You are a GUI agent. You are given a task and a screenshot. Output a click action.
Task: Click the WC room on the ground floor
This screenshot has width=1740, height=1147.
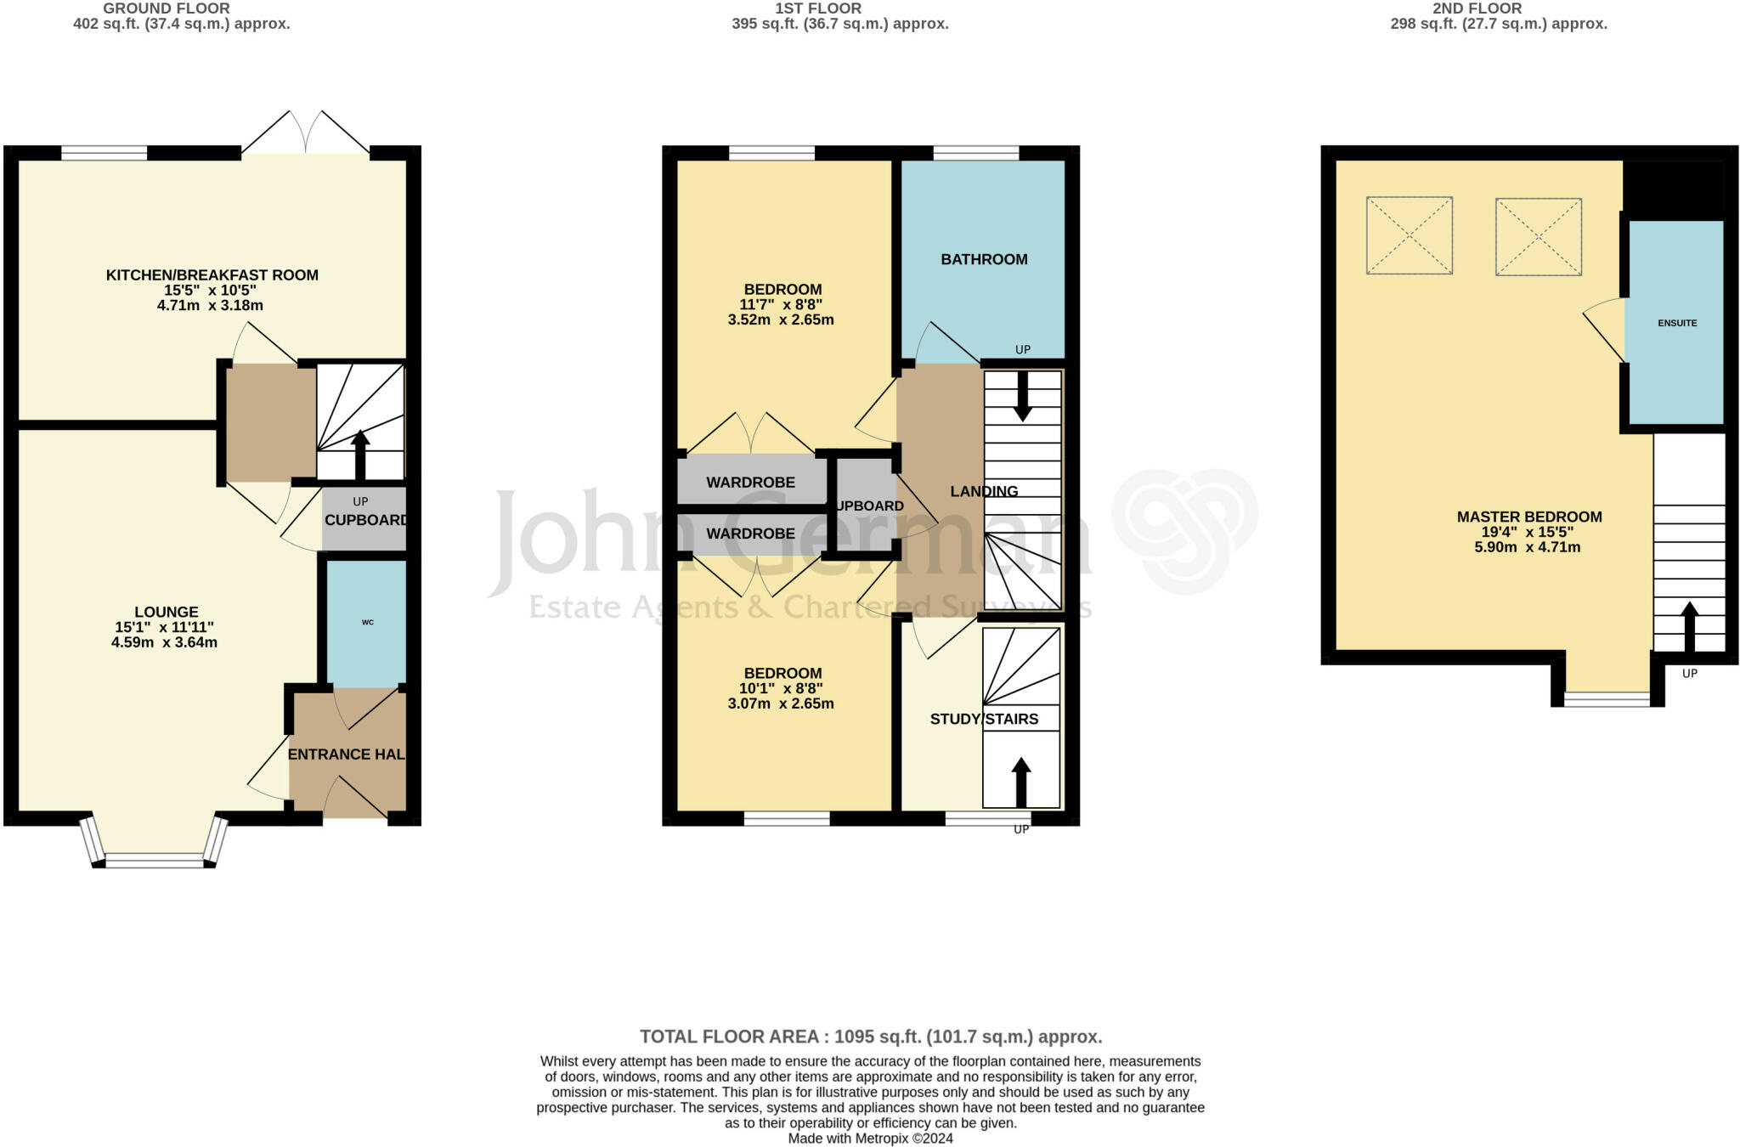coord(367,623)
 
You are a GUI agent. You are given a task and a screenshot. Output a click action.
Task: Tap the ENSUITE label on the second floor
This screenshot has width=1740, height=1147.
coord(1677,323)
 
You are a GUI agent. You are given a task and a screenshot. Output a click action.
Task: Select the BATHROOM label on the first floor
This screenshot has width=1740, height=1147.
coord(984,259)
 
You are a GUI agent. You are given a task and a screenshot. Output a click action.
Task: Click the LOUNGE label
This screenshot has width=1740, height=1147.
coord(167,612)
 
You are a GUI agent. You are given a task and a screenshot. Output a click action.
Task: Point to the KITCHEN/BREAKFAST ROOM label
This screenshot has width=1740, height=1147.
coord(212,275)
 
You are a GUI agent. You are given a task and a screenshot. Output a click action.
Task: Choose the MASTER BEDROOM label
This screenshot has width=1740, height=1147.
coord(1529,517)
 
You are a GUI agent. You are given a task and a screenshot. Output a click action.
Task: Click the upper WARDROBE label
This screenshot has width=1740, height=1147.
coord(751,483)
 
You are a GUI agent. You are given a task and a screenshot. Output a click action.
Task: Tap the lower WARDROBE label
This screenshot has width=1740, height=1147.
coord(751,534)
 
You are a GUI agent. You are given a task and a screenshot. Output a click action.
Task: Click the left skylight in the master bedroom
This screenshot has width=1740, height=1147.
coord(1410,235)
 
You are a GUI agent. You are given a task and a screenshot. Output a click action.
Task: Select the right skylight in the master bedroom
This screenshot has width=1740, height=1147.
coord(1539,237)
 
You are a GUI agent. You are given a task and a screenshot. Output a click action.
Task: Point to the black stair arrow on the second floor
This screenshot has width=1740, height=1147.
coord(1689,626)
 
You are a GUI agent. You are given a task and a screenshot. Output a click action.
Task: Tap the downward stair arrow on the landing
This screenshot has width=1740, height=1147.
coord(1023,396)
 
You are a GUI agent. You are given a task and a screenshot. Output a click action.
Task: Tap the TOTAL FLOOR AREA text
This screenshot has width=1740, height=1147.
coord(871,1037)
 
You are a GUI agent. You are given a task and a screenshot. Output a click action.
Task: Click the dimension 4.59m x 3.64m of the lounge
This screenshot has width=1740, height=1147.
coord(165,642)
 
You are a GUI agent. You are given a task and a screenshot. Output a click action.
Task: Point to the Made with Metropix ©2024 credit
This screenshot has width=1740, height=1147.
coord(871,1139)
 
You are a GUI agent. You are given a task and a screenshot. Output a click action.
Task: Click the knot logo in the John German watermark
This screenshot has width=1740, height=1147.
coord(1185,530)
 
